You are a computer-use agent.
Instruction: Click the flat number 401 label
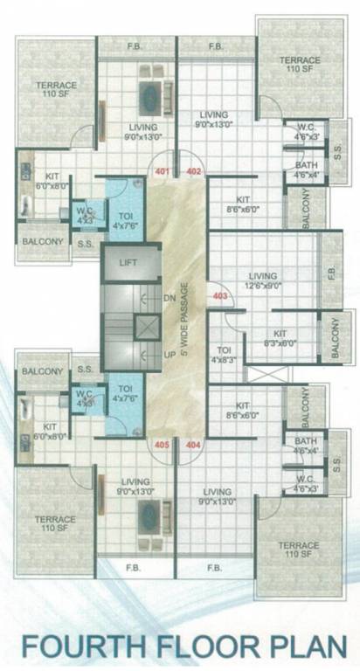(x=162, y=171)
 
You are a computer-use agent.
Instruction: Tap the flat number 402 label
(x=193, y=171)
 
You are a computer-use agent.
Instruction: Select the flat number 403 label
(x=219, y=296)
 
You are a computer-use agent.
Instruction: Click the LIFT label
(x=128, y=262)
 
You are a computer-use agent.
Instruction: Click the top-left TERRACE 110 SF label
(x=56, y=90)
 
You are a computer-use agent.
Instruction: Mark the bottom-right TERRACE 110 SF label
(x=300, y=550)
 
